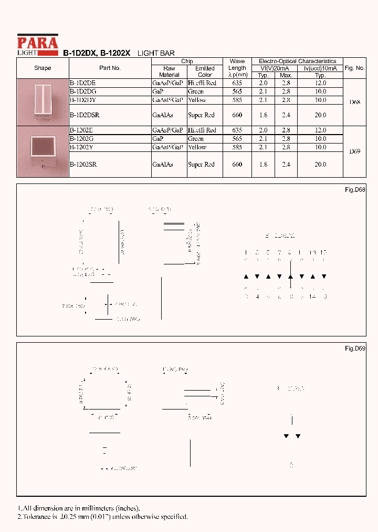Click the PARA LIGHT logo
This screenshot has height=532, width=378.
pyautogui.click(x=37, y=45)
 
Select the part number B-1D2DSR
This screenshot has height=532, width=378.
pyautogui.click(x=85, y=115)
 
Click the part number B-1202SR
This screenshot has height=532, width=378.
pyautogui.click(x=83, y=165)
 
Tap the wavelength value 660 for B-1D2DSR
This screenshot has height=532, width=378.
pyautogui.click(x=237, y=115)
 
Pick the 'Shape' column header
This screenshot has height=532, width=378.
pyautogui.click(x=43, y=68)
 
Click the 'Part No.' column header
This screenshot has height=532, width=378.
pyautogui.click(x=110, y=68)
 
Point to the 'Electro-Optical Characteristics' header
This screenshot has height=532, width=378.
pyautogui.click(x=297, y=62)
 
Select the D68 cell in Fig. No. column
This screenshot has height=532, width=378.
pyautogui.click(x=355, y=102)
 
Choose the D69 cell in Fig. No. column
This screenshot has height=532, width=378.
pyautogui.click(x=355, y=151)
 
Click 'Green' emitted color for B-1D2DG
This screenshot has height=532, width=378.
pyautogui.click(x=196, y=91)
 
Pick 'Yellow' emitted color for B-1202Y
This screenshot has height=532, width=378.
pyautogui.click(x=197, y=148)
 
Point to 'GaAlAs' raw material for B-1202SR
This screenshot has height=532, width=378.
pyautogui.click(x=162, y=165)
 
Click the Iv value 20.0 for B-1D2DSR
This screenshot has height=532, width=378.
pyautogui.click(x=320, y=115)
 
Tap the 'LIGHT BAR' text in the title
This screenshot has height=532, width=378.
pyautogui.click(x=156, y=54)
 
